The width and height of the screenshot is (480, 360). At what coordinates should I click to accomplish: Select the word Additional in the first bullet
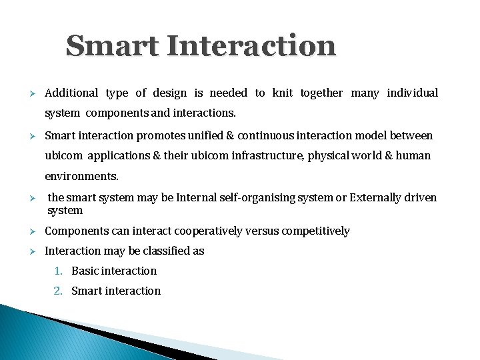[71, 93]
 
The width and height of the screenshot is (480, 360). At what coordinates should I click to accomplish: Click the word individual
[413, 93]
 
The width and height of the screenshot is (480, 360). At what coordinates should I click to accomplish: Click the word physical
[327, 156]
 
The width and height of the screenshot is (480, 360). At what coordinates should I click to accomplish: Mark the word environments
[81, 177]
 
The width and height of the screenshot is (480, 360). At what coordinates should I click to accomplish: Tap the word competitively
[315, 231]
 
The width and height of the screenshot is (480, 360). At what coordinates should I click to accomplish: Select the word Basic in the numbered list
[85, 271]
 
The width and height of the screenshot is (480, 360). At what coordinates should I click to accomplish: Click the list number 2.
[59, 291]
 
